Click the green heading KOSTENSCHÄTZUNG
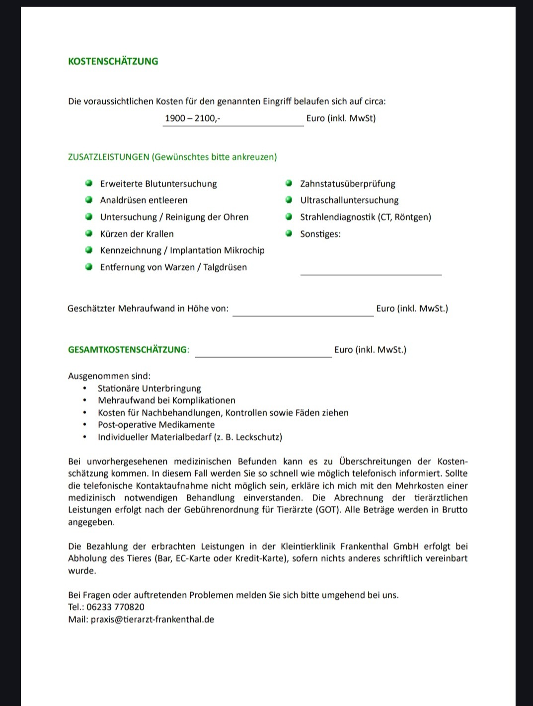click(113, 61)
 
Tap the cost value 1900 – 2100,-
click(192, 118)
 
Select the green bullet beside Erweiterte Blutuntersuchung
click(89, 183)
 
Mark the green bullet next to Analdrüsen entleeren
click(89, 200)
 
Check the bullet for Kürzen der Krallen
click(89, 234)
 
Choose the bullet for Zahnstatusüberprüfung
click(289, 183)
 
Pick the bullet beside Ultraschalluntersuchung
click(289, 200)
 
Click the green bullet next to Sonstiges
click(289, 234)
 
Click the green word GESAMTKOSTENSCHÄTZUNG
click(127, 350)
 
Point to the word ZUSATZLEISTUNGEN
click(108, 157)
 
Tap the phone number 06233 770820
click(115, 607)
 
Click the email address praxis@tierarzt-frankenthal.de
click(152, 620)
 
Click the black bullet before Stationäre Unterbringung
click(85, 389)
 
